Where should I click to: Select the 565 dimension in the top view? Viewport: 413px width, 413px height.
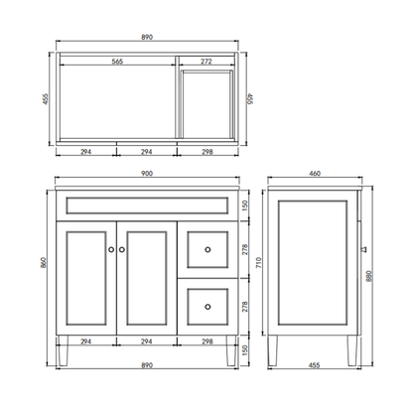tap(116, 61)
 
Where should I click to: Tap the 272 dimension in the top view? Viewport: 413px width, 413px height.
tap(206, 61)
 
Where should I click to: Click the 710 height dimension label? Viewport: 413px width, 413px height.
tap(258, 265)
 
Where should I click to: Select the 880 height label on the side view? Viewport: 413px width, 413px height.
tap(370, 279)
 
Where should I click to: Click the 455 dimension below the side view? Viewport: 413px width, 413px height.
tap(314, 366)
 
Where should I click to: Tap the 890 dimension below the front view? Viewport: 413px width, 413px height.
tap(146, 366)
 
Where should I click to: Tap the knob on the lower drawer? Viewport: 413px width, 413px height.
tap(207, 308)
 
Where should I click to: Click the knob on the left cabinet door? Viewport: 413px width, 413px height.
tap(110, 249)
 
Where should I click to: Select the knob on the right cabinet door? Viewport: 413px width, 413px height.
tap(122, 249)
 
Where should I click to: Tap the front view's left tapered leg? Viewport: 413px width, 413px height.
tap(66, 352)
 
